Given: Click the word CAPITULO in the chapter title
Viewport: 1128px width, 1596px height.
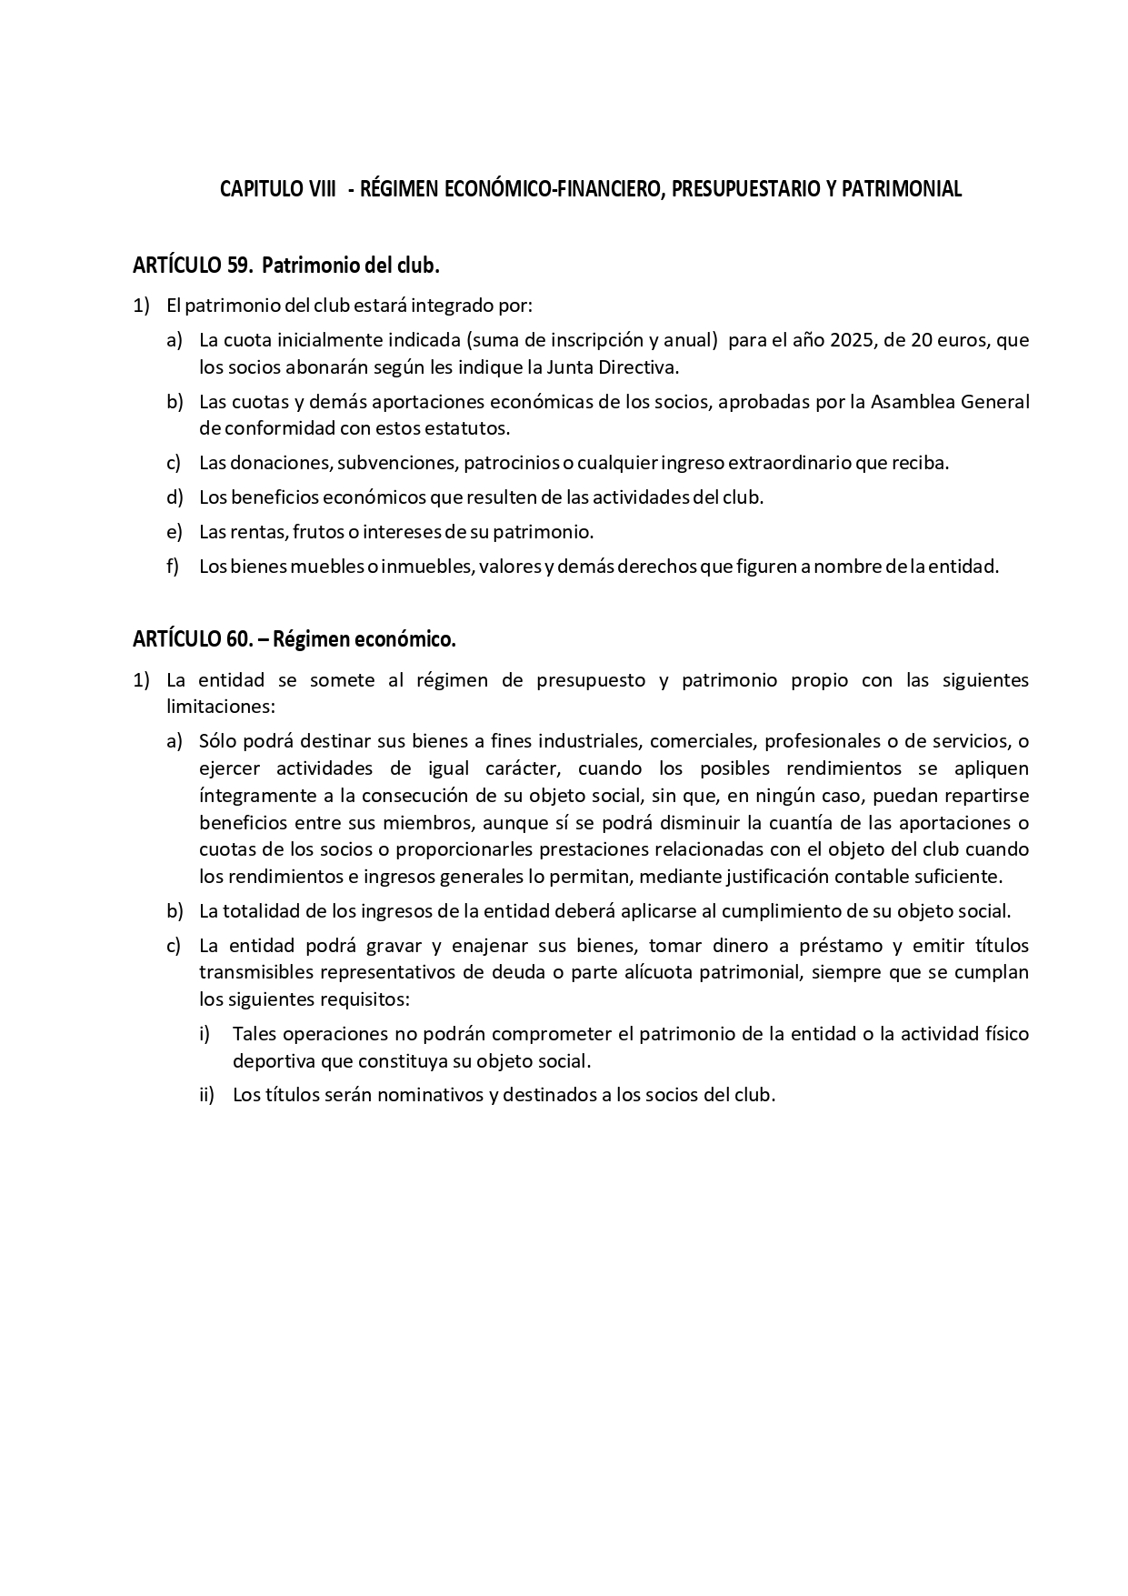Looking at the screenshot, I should pyautogui.click(x=255, y=189).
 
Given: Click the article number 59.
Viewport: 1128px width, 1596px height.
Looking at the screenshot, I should pyautogui.click(x=238, y=266).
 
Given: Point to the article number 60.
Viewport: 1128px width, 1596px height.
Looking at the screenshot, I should pyautogui.click(x=237, y=639).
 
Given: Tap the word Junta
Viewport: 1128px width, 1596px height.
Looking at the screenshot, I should pyautogui.click(x=571, y=367).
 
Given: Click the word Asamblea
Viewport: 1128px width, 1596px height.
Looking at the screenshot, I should pyautogui.click(x=910, y=401).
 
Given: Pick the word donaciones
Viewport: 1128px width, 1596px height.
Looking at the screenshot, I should pyautogui.click(x=282, y=462).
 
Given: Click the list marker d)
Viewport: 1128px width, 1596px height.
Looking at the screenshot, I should pyautogui.click(x=175, y=497).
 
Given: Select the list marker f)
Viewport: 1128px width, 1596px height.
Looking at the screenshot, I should pyautogui.click(x=173, y=566).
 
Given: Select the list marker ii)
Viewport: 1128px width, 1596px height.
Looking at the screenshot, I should pyautogui.click(x=206, y=1094).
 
